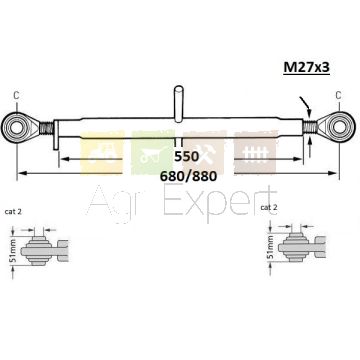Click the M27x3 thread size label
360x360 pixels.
306,67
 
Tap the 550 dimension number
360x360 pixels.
186,157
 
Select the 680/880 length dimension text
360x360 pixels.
188,176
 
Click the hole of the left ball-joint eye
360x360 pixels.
14,127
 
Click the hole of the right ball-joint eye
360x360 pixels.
341,126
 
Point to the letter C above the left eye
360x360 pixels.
16,95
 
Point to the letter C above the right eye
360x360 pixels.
338,95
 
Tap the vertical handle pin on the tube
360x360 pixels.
179,103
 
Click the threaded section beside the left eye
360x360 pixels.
46,128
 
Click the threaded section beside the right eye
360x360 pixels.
310,127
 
